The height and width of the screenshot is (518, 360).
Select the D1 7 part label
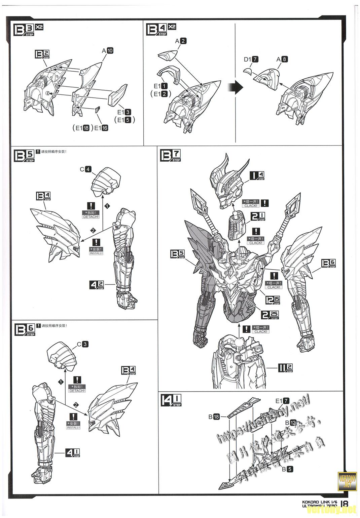[x=251, y=59]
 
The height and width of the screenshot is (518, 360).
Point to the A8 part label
[x=282, y=59]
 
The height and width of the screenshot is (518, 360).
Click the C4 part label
[x=85, y=169]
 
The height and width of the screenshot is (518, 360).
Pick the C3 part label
[x=83, y=344]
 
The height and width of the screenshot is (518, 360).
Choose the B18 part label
[x=214, y=417]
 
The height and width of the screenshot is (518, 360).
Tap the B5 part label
[x=287, y=469]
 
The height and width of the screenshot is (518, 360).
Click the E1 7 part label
[x=282, y=401]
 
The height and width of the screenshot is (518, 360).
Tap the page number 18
[x=344, y=504]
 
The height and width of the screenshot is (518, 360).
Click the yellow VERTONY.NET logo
[x=347, y=481]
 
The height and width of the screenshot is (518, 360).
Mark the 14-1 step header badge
[x=172, y=400]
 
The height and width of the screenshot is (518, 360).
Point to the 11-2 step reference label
[x=285, y=368]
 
